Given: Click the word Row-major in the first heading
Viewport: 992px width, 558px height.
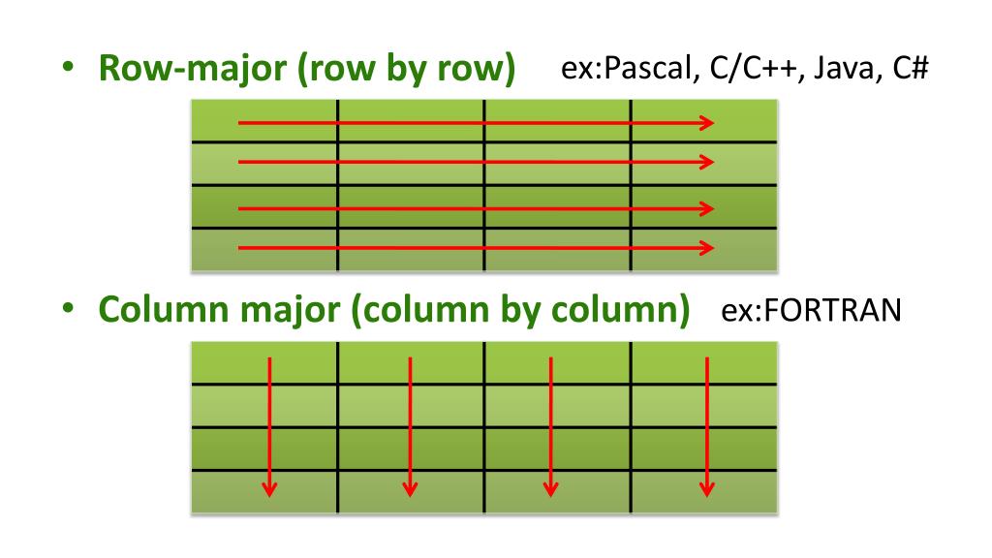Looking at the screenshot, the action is [x=183, y=73].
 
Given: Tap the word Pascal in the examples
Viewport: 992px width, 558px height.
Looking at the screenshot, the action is [x=643, y=71].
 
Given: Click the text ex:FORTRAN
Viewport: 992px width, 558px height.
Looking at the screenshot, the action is [x=812, y=312].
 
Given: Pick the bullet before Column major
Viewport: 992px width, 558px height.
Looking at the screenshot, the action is [x=69, y=313].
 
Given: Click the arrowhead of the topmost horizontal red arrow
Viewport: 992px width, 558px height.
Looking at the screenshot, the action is [x=707, y=123].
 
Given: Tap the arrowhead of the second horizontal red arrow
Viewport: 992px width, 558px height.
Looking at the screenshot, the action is [x=707, y=162].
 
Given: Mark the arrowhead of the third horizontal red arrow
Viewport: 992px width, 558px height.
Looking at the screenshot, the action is [x=707, y=208].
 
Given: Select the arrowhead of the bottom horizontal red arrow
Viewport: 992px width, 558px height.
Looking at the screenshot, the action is [x=707, y=248].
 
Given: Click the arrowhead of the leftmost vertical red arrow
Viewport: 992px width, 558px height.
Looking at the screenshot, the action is [x=269, y=488].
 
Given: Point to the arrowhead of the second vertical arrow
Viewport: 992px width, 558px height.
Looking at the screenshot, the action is [x=411, y=488].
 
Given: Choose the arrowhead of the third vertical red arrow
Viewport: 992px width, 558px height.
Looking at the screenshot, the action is [x=551, y=488].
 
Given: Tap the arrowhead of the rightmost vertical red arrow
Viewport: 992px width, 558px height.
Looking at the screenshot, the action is [x=707, y=488].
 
